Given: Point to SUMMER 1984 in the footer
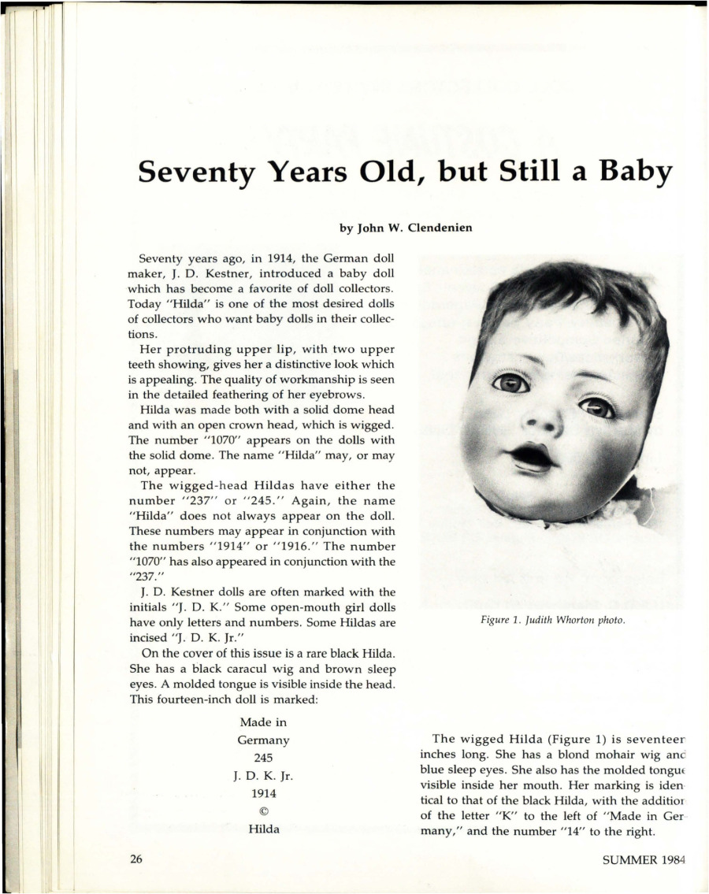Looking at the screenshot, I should pyautogui.click(x=643, y=859).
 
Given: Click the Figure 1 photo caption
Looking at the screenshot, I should pyautogui.click(x=552, y=620).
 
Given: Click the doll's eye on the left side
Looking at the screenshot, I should pyautogui.click(x=510, y=384).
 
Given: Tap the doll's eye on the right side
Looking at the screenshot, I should pyautogui.click(x=596, y=407).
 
